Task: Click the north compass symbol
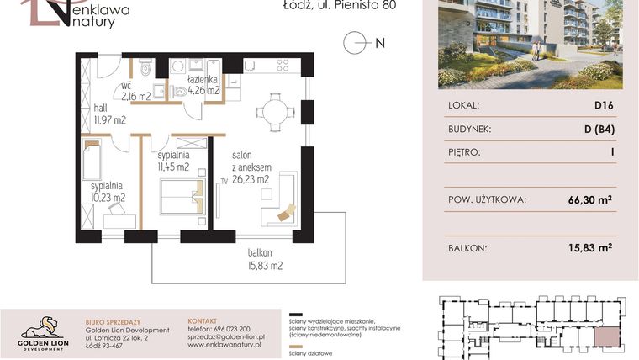[x=356, y=41]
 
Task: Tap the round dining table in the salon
[x=275, y=110]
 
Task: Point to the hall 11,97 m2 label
[x=108, y=114]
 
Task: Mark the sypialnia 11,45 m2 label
[x=172, y=161]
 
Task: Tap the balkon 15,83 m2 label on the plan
[x=265, y=258]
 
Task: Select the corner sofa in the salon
[x=281, y=202]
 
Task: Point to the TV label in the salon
[x=224, y=180]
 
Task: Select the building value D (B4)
[x=598, y=130]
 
